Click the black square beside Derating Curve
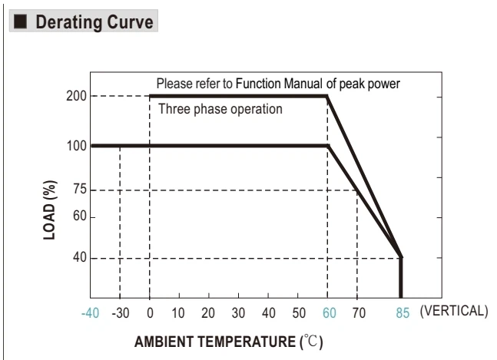click(20, 21)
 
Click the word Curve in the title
click(130, 22)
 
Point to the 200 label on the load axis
click(76, 96)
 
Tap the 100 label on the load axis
click(76, 146)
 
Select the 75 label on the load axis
click(80, 189)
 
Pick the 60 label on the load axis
click(80, 216)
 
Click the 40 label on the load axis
click(80, 257)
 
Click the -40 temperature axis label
click(91, 313)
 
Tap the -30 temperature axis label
click(121, 313)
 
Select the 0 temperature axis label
click(150, 313)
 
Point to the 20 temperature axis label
click(208, 313)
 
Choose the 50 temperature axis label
click(299, 313)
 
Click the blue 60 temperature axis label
click(330, 313)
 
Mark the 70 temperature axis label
click(359, 313)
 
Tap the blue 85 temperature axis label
click(403, 313)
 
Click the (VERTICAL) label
click(454, 311)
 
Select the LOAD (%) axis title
click(50, 210)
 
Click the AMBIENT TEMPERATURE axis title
click(229, 342)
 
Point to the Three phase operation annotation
click(220, 109)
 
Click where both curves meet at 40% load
click(401, 257)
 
